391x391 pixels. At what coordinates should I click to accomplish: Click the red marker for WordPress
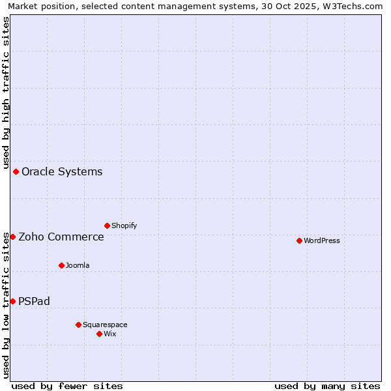point(299,240)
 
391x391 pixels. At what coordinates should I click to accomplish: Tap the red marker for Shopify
point(107,225)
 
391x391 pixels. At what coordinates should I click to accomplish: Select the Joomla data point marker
point(61,265)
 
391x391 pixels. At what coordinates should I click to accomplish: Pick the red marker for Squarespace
point(78,325)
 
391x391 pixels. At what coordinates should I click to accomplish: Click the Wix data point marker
point(99,334)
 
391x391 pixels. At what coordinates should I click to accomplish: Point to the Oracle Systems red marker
point(16,171)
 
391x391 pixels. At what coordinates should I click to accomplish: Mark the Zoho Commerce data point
point(12,237)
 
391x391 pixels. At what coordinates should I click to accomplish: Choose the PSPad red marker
point(12,301)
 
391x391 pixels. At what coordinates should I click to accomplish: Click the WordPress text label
point(322,240)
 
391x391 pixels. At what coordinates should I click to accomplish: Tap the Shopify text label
point(124,225)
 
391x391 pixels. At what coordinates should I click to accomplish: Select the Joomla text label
point(78,265)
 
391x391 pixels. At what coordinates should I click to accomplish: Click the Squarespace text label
point(105,325)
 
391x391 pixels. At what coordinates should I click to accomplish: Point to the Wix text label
point(110,334)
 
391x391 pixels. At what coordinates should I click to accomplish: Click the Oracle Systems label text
point(62,171)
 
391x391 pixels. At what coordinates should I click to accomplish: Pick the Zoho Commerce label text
point(61,237)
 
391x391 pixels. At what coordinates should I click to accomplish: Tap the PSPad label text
point(34,301)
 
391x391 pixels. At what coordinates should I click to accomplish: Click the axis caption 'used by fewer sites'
point(67,386)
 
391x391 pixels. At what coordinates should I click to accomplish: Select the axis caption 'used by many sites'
point(327,386)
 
